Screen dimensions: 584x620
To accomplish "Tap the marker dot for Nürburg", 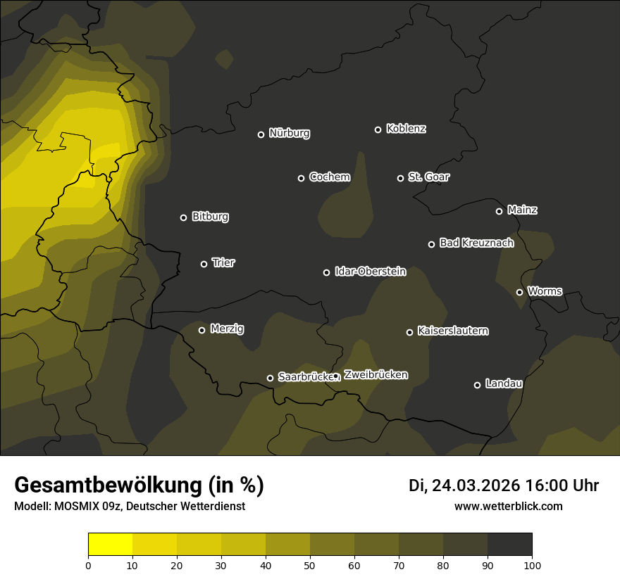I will pos(261,134).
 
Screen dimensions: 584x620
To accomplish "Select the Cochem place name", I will pos(329,177).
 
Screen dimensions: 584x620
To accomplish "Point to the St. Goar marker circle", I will pos(400,179).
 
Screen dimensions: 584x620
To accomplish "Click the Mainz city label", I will pos(522,210).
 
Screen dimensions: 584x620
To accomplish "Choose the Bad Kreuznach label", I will pos(476,243).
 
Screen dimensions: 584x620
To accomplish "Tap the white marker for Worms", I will pos(519,292).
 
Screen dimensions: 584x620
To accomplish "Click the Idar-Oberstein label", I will pos(370,271).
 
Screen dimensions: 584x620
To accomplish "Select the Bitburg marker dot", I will pos(183,217).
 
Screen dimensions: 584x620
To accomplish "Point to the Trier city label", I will pos(223,262).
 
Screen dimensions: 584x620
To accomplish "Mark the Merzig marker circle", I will pos(201,330).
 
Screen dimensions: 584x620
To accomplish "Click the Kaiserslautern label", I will pos(452,331).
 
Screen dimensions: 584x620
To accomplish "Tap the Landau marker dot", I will pos(477,385).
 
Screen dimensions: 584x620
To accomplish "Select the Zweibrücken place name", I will pos(376,375).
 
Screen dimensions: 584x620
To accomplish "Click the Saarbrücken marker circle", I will pos(270,378).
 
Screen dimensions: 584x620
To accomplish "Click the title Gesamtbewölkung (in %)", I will pos(139,485).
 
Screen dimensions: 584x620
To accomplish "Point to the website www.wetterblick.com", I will pos(508,506).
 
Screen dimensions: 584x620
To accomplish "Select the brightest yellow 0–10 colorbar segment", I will pos(110,545).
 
